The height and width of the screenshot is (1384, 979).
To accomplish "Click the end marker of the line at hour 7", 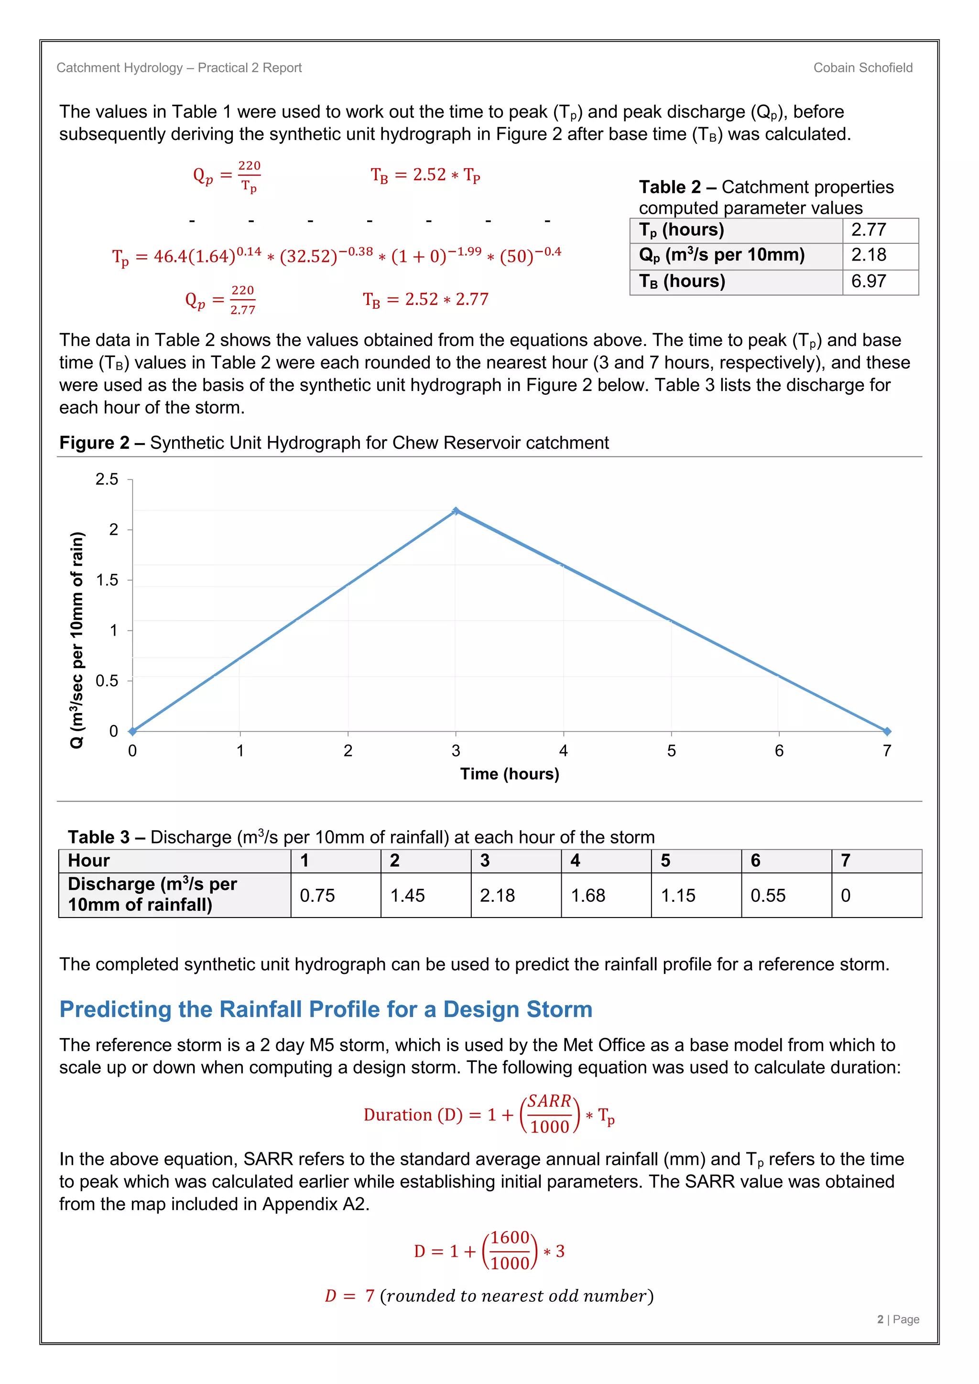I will pyautogui.click(x=887, y=731).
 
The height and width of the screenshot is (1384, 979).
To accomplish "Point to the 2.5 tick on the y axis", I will pyautogui.click(x=107, y=480).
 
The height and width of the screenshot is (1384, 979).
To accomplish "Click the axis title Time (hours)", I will pyautogui.click(x=510, y=774).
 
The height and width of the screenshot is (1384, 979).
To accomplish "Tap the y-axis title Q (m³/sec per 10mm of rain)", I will pyautogui.click(x=76, y=640).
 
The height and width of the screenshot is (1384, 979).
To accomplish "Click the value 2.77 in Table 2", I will pyautogui.click(x=868, y=230).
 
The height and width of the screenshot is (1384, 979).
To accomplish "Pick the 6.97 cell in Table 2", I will pyautogui.click(x=868, y=281).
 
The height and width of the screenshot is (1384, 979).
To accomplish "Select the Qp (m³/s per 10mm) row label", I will pyautogui.click(x=722, y=255).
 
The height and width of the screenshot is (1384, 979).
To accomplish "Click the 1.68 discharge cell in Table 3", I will pyautogui.click(x=588, y=896).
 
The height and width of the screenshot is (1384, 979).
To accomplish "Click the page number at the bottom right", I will pyautogui.click(x=898, y=1319).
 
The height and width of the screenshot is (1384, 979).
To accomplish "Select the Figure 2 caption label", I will pyautogui.click(x=94, y=443).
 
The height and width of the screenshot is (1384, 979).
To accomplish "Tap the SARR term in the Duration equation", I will pyautogui.click(x=549, y=1101).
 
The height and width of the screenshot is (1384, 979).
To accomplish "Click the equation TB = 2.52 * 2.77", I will pyautogui.click(x=425, y=300).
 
